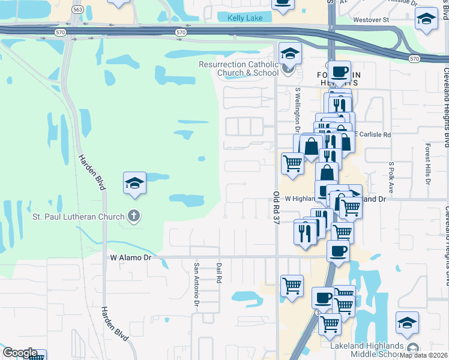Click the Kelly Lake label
245,18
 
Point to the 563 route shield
77,10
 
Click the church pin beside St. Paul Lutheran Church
135,217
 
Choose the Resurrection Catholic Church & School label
239,68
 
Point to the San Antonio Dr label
196,285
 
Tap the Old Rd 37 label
276,208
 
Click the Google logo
20,353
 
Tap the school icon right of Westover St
426,20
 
